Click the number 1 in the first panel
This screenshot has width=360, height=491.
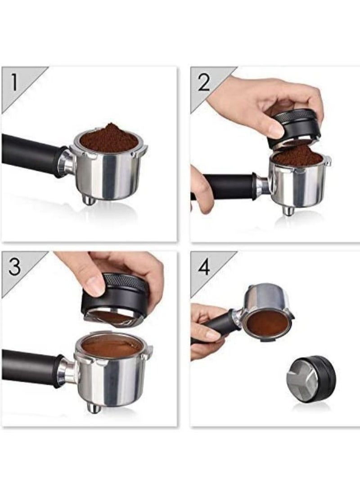tap(14, 82)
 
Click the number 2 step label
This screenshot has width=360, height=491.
tap(204, 82)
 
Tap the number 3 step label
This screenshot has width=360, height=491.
tap(15, 266)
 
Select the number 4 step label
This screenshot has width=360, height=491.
tap(204, 266)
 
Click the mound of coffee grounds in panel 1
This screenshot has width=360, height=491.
tap(109, 138)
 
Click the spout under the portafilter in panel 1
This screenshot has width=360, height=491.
tap(88, 199)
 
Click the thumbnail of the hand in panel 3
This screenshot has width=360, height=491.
tap(94, 286)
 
